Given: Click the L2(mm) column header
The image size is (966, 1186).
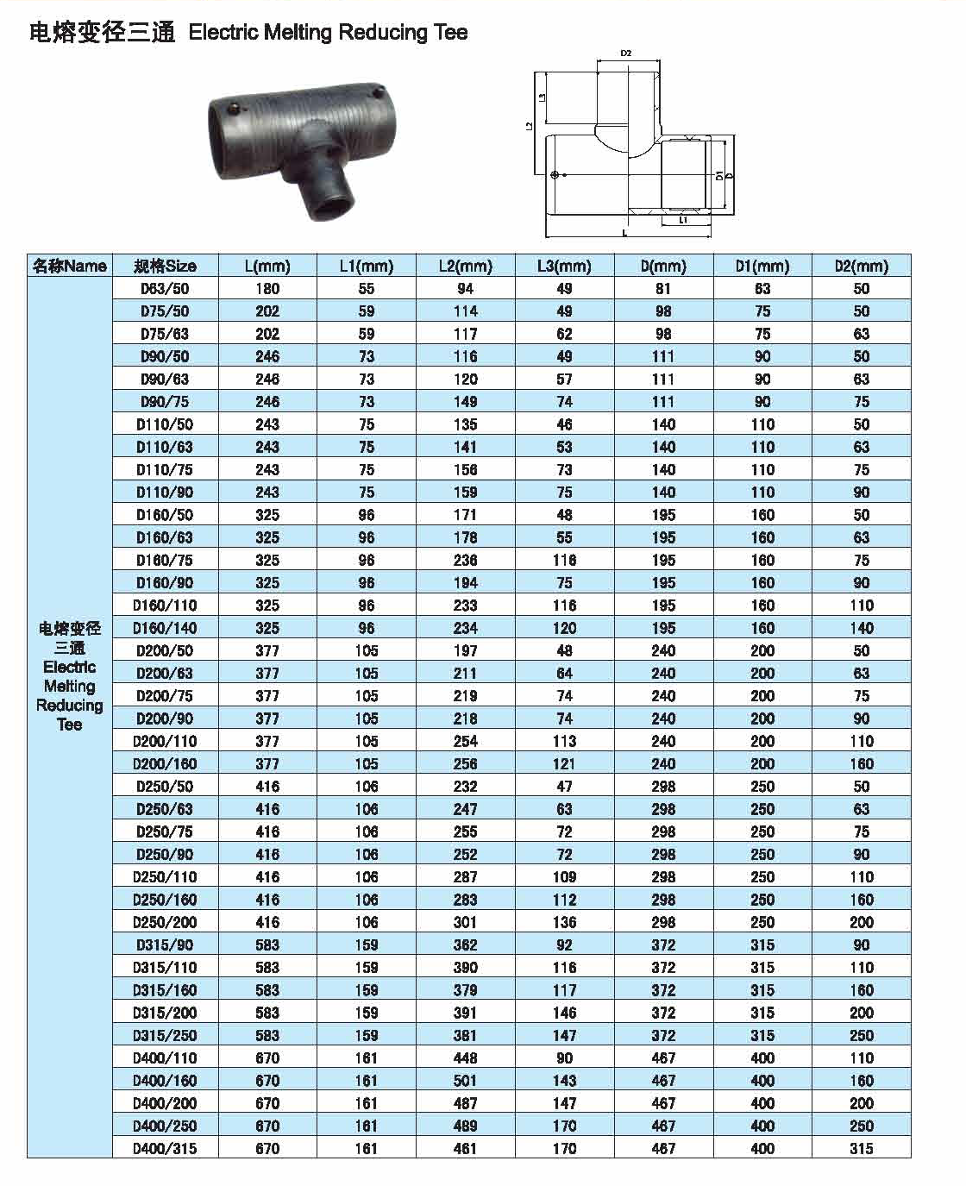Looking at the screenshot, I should [465, 266].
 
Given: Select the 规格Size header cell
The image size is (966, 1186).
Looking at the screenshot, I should [165, 266].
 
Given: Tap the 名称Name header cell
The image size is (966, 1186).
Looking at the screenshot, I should [70, 266].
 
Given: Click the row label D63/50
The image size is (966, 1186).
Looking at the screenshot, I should [165, 289].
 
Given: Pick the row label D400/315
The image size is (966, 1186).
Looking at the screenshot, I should [165, 1148].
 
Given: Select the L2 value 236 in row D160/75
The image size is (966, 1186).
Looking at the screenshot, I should [465, 560].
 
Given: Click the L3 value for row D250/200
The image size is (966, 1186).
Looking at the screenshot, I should [564, 922].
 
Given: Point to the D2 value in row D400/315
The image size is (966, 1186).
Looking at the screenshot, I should [861, 1148].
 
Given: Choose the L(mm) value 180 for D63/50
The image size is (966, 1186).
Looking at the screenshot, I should [267, 289].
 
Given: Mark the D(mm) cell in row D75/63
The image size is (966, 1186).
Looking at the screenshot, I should [663, 334].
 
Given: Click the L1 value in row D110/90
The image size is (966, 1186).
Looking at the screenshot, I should [367, 493].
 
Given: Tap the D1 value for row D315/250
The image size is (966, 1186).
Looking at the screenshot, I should [762, 1035].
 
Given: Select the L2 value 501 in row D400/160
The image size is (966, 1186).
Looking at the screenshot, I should [465, 1081].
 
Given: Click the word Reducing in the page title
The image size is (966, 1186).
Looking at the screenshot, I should [382, 33].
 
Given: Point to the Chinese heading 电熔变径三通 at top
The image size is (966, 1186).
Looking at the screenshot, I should [102, 33].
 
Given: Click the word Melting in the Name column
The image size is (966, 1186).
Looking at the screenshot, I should [70, 686].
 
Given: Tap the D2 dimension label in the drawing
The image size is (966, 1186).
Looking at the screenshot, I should [626, 53].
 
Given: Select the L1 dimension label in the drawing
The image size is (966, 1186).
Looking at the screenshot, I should [682, 221].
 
